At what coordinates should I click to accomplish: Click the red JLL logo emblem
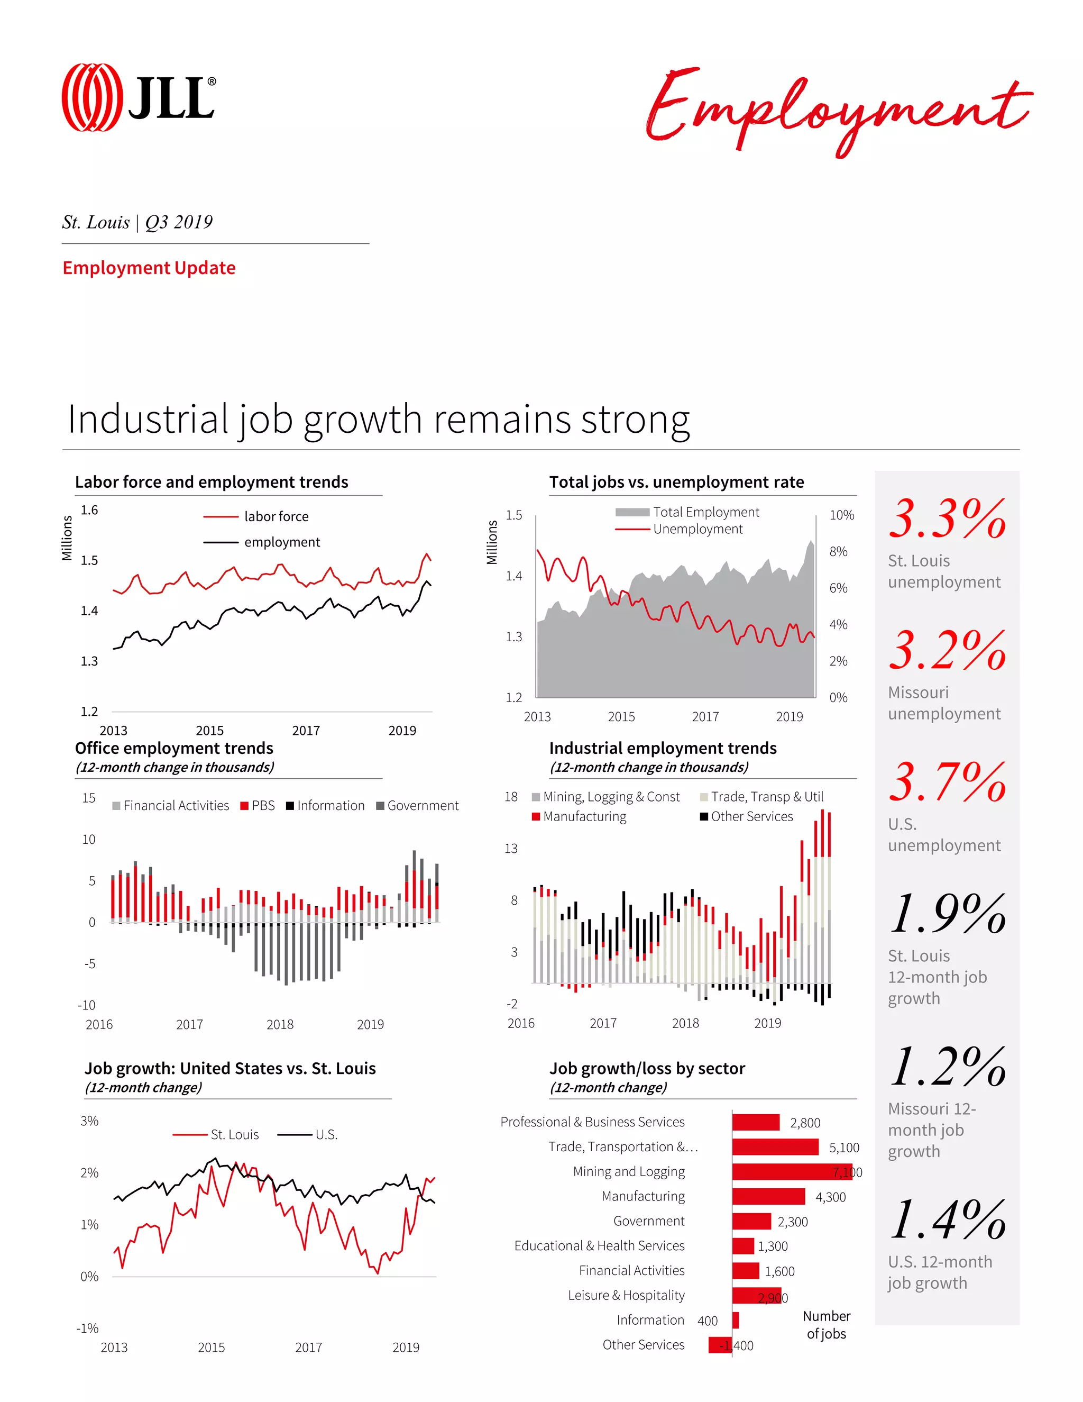pos(91,97)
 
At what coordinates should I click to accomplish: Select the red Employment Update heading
pos(149,268)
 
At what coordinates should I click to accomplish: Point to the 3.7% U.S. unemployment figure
pos(947,782)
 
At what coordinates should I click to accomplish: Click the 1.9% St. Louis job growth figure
pos(947,914)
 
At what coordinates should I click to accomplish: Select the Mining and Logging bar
pos(792,1171)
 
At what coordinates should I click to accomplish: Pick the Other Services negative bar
pos(720,1345)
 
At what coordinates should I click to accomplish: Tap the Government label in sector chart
pos(649,1221)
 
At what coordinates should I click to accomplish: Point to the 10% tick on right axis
pos(842,515)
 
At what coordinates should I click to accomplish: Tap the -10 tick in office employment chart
pos(87,1005)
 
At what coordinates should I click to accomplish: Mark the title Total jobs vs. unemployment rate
pos(676,482)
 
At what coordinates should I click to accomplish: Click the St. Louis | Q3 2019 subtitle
pos(137,222)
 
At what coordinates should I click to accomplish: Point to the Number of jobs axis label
pos(827,1324)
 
